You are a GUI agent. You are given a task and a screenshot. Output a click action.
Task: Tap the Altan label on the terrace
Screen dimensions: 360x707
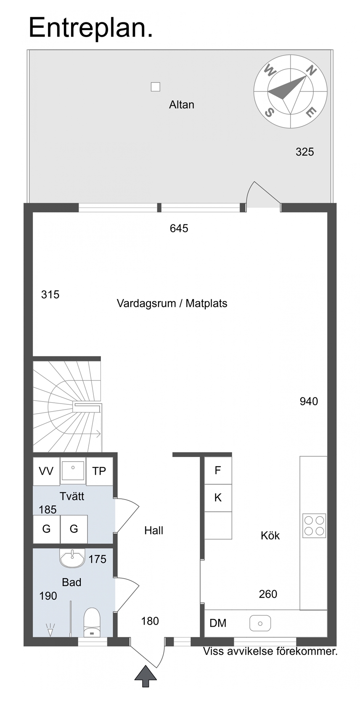click(181, 104)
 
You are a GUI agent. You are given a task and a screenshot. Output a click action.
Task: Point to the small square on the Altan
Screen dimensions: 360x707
click(155, 87)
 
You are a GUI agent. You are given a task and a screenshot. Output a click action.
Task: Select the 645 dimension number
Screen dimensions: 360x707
click(179, 228)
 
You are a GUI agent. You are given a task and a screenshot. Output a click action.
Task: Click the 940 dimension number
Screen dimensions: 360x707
click(309, 401)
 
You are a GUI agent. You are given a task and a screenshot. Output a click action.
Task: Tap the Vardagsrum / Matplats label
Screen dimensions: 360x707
click(172, 303)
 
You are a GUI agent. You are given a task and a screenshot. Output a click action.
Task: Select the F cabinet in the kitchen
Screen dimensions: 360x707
click(218, 470)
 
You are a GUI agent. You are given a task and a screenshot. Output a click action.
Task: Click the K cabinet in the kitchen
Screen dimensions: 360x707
click(218, 498)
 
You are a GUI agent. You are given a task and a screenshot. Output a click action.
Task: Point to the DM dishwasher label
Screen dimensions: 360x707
click(218, 623)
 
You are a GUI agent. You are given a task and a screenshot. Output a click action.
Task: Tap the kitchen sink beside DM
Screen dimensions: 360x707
click(260, 623)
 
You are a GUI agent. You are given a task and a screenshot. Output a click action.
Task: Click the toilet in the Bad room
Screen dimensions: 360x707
click(92, 622)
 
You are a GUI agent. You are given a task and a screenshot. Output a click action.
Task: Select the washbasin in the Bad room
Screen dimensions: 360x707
click(72, 558)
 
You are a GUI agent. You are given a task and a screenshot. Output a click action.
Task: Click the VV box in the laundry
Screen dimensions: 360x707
click(46, 471)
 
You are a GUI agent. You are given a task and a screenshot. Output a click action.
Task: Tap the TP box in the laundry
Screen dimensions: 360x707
click(99, 471)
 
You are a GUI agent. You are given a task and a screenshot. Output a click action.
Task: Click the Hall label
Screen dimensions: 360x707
click(154, 531)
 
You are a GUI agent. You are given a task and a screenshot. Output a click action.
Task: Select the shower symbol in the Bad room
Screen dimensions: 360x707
click(50, 629)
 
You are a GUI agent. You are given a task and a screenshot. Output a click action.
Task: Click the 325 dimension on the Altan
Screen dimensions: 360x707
click(305, 152)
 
